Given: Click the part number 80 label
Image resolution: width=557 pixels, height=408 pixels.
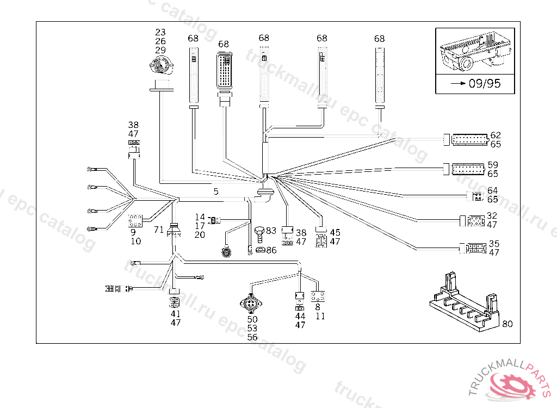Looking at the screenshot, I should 507,324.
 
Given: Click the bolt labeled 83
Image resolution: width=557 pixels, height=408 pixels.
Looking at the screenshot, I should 259,234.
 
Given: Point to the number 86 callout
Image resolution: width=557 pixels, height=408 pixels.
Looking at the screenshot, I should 271,250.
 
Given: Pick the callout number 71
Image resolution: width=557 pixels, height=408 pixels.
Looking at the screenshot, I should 158,230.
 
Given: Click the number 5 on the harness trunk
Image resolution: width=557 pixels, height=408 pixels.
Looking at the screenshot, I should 216,191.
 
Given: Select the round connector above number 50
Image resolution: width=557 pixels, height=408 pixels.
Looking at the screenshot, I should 252,302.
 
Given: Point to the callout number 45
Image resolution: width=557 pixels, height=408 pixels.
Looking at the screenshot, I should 335,233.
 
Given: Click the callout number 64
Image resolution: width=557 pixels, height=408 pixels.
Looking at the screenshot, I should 492,190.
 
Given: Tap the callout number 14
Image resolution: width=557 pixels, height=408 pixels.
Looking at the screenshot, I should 200,217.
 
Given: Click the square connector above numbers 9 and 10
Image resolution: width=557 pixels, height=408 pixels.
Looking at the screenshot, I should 135,221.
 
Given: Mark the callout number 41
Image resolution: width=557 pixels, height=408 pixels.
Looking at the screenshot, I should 175,314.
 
